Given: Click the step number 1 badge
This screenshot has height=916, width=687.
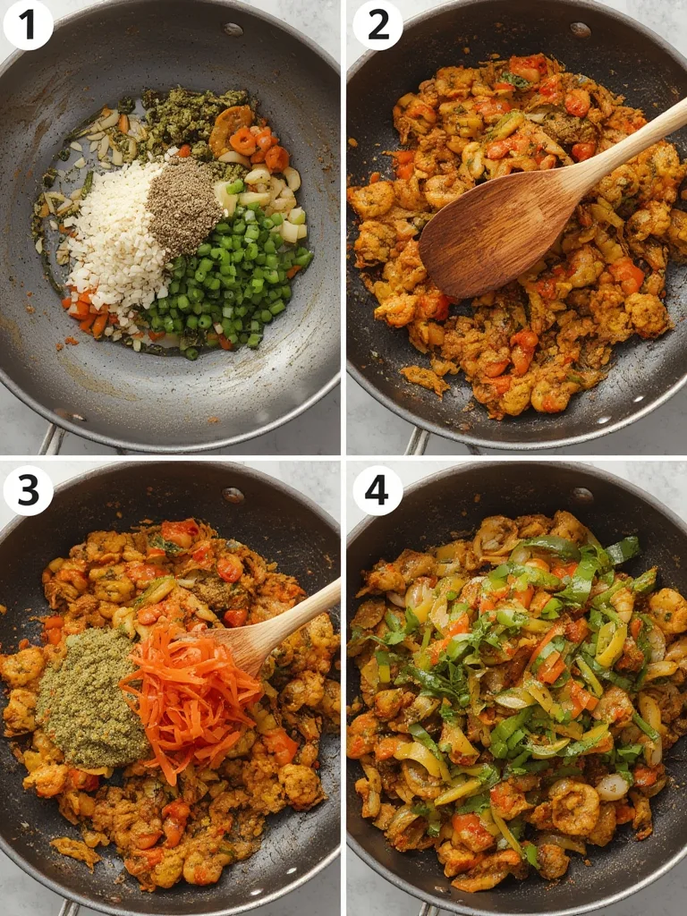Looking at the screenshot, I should click(28, 25).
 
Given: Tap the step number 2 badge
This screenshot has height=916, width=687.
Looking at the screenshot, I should click(377, 25).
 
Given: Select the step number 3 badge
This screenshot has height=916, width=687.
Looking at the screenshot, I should click(28, 490).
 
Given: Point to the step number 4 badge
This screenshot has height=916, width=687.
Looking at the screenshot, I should click(377, 490).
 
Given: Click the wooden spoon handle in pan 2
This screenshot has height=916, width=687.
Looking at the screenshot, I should click(631, 143).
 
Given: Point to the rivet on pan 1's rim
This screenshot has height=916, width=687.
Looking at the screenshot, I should click(233, 29).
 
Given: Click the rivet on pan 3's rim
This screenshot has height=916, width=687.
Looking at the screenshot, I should click(233, 494).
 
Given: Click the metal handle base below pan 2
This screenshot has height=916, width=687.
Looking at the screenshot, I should click(417, 440).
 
